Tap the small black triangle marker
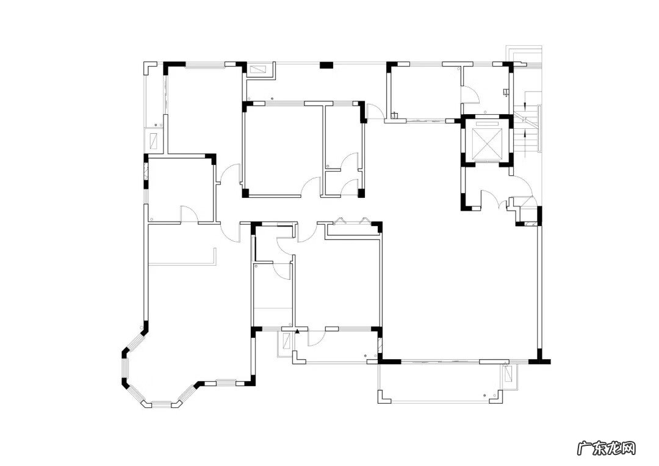298,332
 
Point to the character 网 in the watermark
627,448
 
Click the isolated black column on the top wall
326,65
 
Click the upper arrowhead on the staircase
525,104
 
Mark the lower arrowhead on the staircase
525,134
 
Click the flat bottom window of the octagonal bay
161,403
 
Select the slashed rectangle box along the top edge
256,70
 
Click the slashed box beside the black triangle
287,341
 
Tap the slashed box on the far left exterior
153,140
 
